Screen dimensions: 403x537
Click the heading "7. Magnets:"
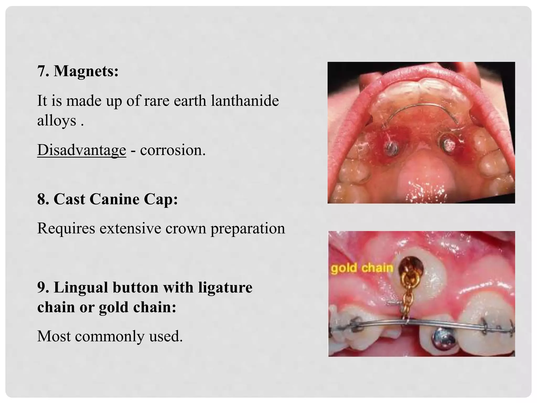(x=78, y=71)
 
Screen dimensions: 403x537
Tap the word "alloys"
(x=57, y=121)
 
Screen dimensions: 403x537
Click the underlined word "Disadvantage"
(x=82, y=150)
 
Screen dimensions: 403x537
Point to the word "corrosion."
(x=173, y=150)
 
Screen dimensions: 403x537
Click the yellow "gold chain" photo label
(x=362, y=268)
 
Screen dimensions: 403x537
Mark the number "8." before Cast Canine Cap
(x=43, y=199)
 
